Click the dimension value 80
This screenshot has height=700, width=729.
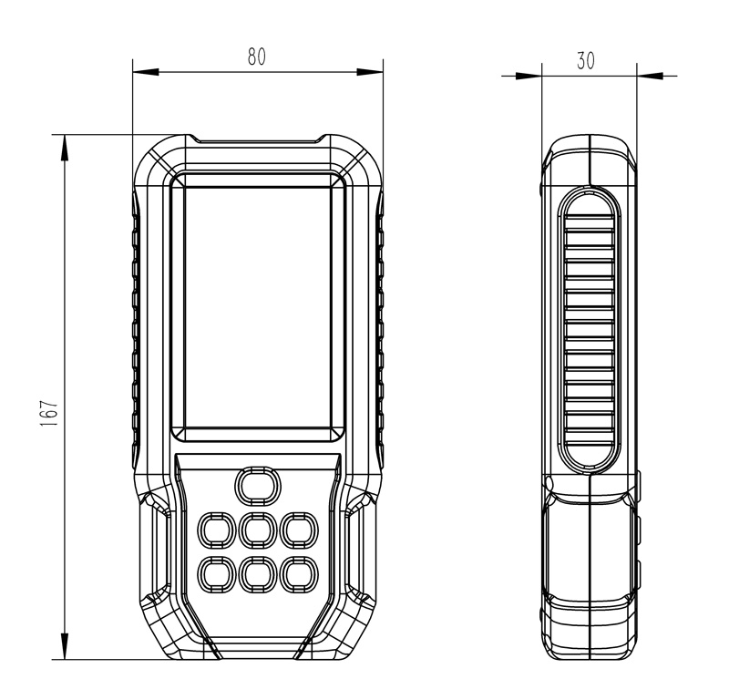pyautogui.click(x=257, y=57)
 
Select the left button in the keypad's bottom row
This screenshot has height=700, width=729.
pyautogui.click(x=216, y=572)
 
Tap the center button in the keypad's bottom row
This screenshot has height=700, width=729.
pyautogui.click(x=257, y=572)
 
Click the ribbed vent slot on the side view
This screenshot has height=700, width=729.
pyautogui.click(x=590, y=328)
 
